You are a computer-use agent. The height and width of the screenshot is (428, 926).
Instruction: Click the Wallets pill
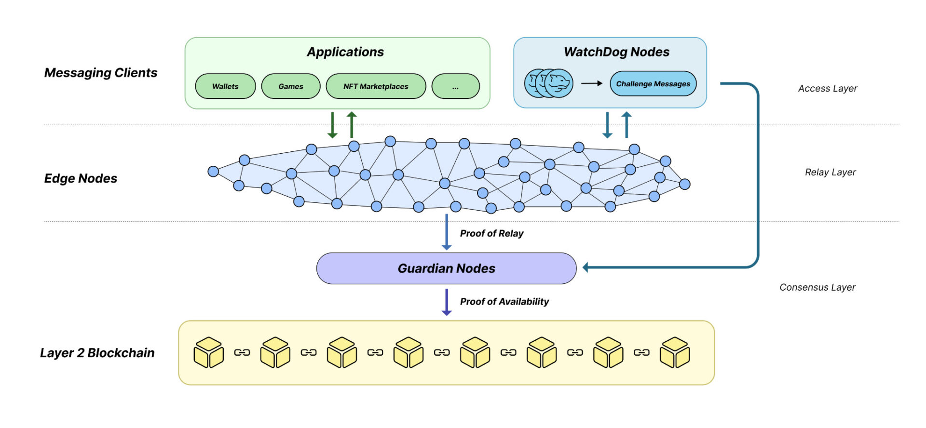[x=225, y=86]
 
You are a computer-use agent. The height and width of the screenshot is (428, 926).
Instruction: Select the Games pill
[x=291, y=86]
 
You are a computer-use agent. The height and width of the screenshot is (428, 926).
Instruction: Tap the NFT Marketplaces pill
[x=376, y=86]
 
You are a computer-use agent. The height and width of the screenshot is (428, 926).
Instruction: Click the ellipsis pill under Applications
[x=455, y=86]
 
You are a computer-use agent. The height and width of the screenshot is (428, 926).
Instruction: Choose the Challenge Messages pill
[x=653, y=84]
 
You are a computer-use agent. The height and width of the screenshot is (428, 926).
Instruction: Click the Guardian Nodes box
[x=446, y=268]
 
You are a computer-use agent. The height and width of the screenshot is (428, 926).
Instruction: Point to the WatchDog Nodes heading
[x=616, y=52]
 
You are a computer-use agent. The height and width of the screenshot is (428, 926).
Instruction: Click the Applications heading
[x=345, y=52]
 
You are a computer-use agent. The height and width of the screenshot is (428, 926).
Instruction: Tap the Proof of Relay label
[x=491, y=234]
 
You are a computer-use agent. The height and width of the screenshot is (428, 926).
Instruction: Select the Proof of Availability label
[x=504, y=302]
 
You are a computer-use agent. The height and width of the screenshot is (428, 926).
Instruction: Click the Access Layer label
[x=828, y=89]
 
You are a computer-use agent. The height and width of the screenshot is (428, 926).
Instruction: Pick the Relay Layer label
[x=830, y=173]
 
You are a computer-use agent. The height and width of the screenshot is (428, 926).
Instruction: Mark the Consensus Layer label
[x=817, y=287]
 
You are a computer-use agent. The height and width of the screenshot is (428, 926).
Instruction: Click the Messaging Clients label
[x=101, y=73]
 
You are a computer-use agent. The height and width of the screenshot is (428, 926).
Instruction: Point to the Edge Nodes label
[x=81, y=178]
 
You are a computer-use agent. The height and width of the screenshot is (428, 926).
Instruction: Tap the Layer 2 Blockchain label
[x=97, y=353]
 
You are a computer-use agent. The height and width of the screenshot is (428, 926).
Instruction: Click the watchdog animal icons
[x=549, y=83]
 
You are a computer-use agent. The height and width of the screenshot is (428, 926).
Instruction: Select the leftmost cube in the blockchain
[x=208, y=352]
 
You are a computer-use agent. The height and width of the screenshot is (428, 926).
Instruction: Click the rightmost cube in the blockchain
[x=675, y=352]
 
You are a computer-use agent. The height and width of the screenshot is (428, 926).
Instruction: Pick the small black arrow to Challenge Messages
[x=591, y=83]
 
